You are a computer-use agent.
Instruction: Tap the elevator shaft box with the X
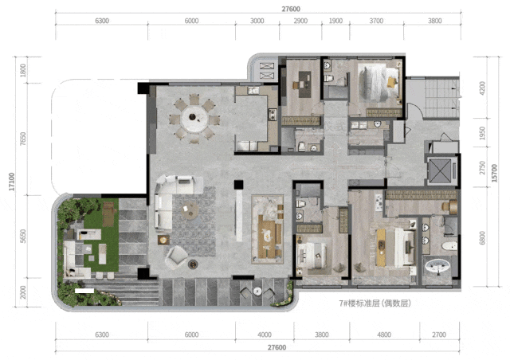pos(440,170)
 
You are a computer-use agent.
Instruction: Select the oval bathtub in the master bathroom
pos(437,267)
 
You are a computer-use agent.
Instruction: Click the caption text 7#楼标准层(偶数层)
pos(375,303)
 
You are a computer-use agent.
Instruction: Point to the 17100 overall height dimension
pos(12,182)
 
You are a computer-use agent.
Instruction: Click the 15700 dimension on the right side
pos(494,173)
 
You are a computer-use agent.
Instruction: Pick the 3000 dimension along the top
pos(257,21)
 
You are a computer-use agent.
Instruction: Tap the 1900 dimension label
pos(335,21)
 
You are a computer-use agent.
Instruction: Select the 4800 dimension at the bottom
pos(384,335)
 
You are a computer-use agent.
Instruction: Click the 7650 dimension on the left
pos(23,139)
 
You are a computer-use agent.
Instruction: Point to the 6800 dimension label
pos(482,237)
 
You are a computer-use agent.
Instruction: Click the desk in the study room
pos(304,84)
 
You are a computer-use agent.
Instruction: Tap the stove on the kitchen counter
pos(273,114)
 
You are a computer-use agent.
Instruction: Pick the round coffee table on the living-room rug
pos(190,209)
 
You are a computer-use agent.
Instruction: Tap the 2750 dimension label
pos(482,168)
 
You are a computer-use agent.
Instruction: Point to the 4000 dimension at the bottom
pos(264,335)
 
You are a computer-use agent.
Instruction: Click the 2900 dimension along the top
pos(300,21)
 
